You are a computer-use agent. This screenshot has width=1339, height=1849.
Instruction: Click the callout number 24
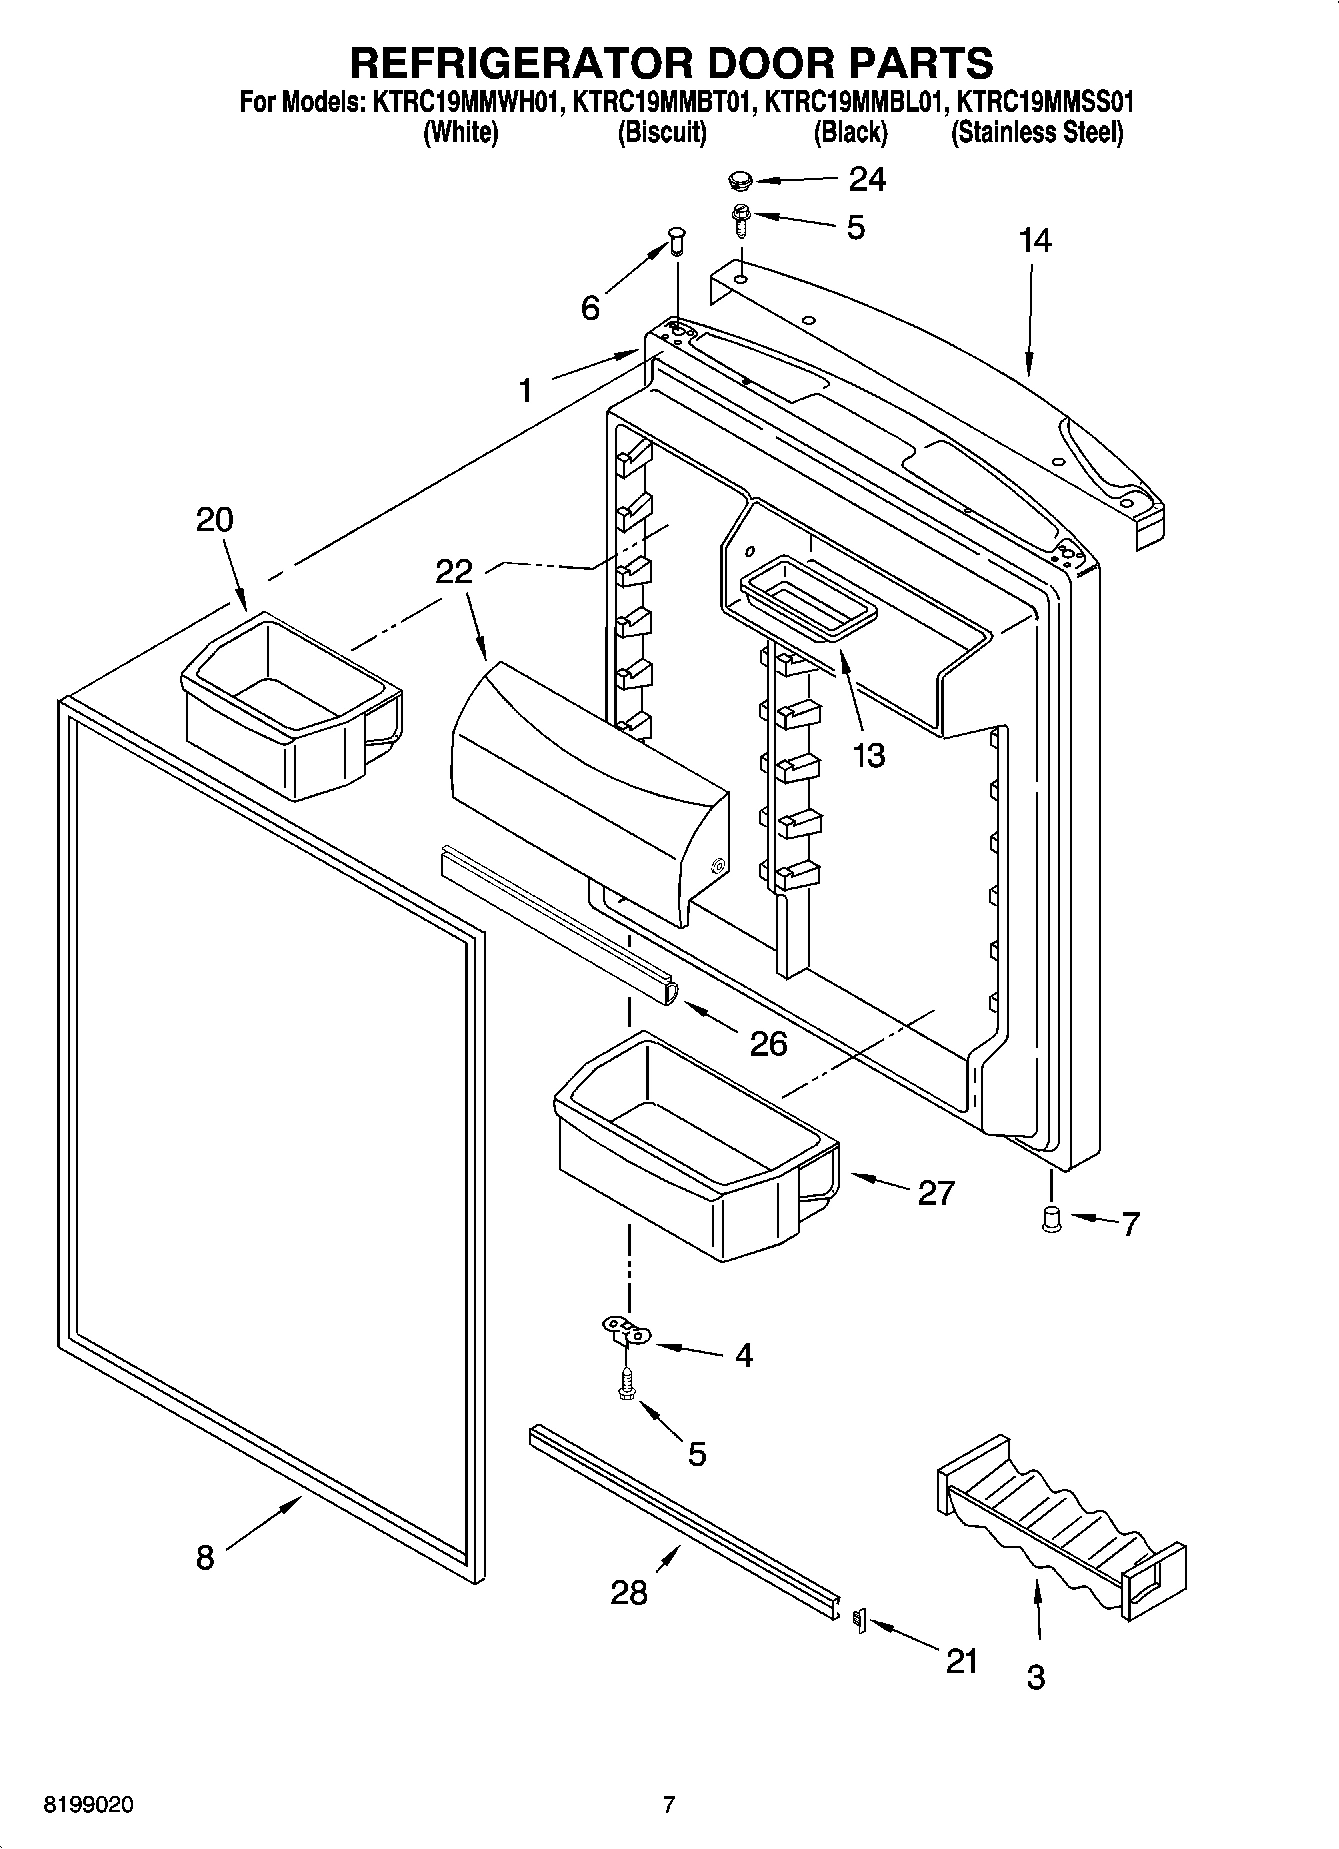[x=867, y=179]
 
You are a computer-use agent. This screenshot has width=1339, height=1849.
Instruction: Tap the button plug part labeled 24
[x=740, y=181]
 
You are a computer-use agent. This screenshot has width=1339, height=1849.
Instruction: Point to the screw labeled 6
[x=675, y=240]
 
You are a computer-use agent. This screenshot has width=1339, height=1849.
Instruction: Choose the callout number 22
[x=453, y=571]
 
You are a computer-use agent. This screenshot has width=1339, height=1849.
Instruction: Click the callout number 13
[x=869, y=755]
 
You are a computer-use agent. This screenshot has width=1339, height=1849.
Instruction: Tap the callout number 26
[x=769, y=1043]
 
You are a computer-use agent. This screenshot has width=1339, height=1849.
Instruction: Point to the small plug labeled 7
[x=1051, y=1218]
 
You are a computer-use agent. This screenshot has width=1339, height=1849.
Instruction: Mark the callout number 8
[x=205, y=1557]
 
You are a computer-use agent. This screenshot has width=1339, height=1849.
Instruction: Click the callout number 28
[x=629, y=1592]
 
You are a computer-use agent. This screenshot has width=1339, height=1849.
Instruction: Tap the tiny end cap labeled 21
[x=856, y=1618]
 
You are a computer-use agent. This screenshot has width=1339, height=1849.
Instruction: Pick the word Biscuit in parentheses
[x=662, y=132]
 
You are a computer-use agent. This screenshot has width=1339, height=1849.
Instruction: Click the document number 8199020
[x=87, y=1806]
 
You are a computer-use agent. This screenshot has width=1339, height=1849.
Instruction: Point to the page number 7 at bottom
[x=669, y=1805]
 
